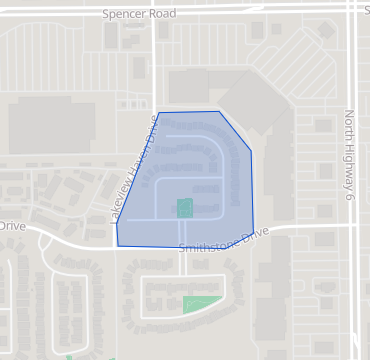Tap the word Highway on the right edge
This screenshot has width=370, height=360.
tap(350, 162)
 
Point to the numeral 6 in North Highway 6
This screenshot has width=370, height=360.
tap(350, 200)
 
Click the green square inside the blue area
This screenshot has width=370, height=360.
tap(185, 208)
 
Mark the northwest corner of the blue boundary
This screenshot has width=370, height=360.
tap(158, 112)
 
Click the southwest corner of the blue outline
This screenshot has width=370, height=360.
tap(117, 245)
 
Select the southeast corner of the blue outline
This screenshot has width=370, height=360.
tap(253, 233)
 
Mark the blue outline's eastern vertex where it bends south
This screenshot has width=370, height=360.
tap(250, 155)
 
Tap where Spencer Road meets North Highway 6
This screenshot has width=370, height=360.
tap(356, 8)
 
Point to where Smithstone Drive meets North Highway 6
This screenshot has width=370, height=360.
tap(356, 226)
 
